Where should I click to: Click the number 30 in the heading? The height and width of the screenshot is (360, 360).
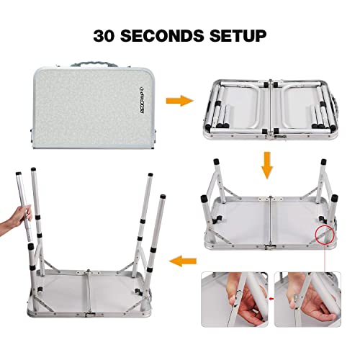[x=104, y=36]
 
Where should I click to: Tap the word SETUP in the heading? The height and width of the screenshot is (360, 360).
[x=238, y=36]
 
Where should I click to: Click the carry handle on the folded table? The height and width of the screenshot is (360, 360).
[x=93, y=65]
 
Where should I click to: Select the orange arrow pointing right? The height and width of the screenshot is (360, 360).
[x=179, y=101]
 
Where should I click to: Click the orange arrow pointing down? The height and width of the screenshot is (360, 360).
[x=267, y=165]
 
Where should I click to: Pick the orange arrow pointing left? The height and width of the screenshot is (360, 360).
[x=183, y=261]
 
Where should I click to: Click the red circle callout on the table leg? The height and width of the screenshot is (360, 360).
[x=325, y=235]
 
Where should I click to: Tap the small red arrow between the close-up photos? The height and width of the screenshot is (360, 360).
[x=271, y=299]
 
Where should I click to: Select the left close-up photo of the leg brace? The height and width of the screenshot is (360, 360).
[x=235, y=300]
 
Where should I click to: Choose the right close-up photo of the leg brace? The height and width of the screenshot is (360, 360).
[x=307, y=300]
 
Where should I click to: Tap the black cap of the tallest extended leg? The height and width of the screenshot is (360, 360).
[x=33, y=169]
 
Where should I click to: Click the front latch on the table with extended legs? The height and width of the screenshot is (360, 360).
[x=89, y=315]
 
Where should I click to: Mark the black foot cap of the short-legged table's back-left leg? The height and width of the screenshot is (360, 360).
[x=217, y=161]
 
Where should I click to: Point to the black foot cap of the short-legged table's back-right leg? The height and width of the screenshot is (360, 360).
[x=323, y=161]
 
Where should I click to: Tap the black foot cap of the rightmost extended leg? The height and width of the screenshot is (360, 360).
[x=163, y=197]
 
